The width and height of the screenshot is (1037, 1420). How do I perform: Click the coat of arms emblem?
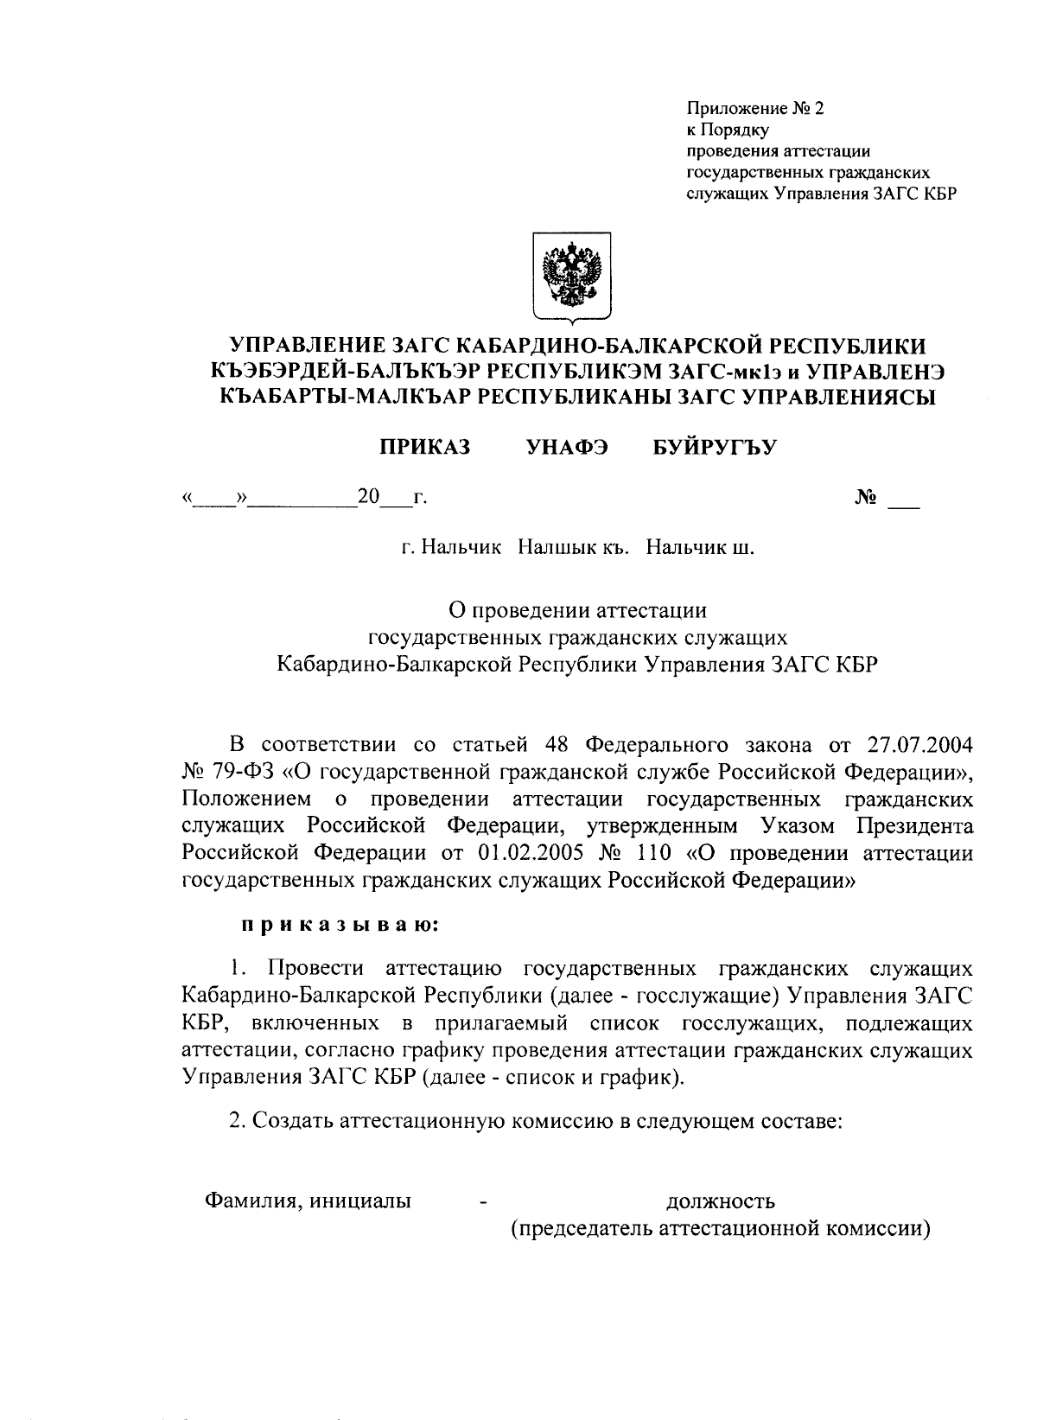pyautogui.click(x=570, y=277)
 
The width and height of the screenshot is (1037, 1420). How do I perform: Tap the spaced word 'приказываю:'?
pyautogui.click(x=340, y=926)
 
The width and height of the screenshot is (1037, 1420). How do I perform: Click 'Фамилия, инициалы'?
pyautogui.click(x=307, y=1200)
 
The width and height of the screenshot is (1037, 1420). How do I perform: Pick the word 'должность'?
pyautogui.click(x=720, y=1200)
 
